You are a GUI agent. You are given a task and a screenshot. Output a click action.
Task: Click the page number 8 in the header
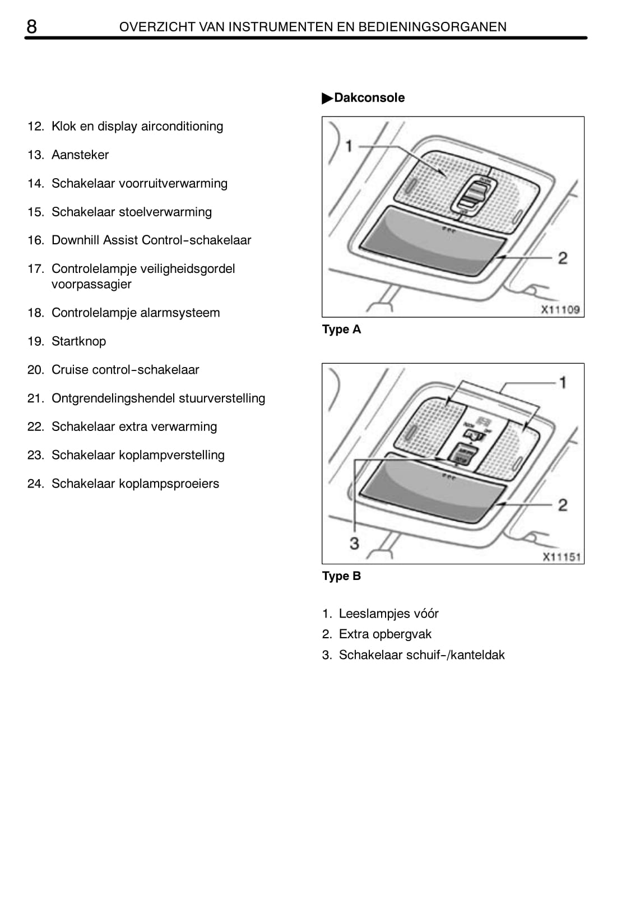point(31,27)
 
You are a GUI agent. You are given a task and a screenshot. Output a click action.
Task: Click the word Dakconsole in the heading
point(369,98)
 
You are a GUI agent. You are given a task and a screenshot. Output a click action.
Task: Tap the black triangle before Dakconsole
point(327,98)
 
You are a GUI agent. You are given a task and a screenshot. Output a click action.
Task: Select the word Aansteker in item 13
point(80,155)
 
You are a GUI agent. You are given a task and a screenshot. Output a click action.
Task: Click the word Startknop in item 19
point(79,341)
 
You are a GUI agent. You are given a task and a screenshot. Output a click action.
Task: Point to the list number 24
point(35,484)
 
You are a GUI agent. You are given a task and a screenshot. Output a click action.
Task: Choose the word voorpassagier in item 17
point(91,285)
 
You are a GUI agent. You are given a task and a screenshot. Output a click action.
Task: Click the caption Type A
point(341,329)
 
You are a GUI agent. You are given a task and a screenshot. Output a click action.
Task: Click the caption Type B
point(341,576)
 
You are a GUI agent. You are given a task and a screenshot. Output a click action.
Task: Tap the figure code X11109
point(560,309)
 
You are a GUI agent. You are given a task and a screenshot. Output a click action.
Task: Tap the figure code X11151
point(561,557)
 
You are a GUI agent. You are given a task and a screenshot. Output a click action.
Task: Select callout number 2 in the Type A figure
point(563,258)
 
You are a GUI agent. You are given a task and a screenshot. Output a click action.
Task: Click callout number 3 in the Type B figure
point(354,544)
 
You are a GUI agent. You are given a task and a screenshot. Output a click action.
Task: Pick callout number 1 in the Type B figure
point(563,382)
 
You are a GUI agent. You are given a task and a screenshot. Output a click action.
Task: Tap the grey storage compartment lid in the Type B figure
point(432,489)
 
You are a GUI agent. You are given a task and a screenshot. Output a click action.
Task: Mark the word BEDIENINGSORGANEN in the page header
point(432,27)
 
